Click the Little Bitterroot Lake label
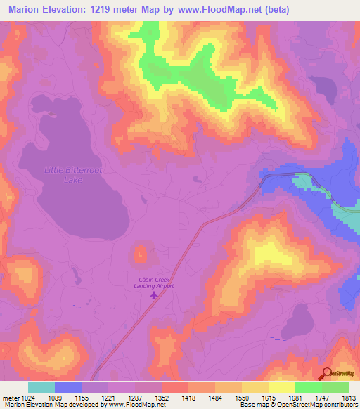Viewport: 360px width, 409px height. point(63,175)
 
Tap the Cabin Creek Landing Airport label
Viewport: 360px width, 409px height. point(154,283)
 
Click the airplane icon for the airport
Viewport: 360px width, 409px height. point(154,295)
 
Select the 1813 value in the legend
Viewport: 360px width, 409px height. point(349,396)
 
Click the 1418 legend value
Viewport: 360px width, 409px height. point(189,396)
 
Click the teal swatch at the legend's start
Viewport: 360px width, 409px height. point(41,387)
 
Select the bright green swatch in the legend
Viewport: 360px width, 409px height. point(309,387)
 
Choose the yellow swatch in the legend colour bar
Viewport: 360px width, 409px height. point(282,387)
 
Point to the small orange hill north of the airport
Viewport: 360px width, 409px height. point(140,252)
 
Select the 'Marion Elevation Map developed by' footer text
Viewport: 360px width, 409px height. point(53,405)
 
